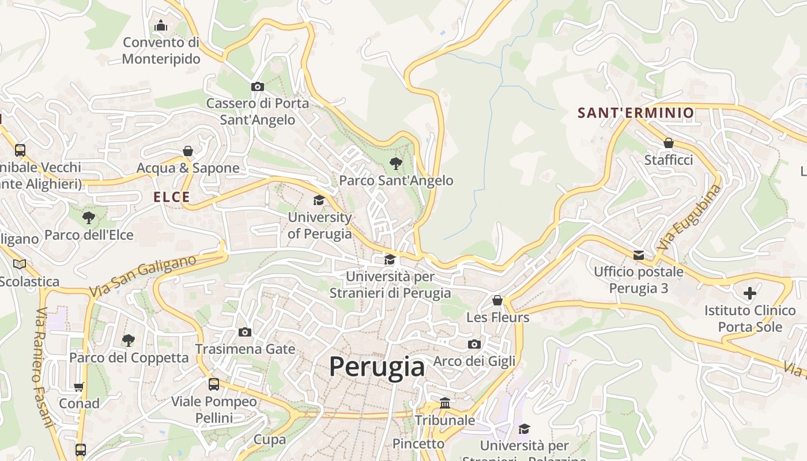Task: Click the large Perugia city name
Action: [x=377, y=366]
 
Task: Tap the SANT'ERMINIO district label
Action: [x=636, y=113]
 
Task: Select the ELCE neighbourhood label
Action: [x=172, y=197]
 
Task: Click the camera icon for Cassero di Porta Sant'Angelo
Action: [x=258, y=87]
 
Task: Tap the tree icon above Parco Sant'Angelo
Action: [x=395, y=163]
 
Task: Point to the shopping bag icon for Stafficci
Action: [x=669, y=143]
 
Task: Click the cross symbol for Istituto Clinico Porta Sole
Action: [x=749, y=293]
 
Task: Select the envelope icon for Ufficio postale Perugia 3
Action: [x=639, y=255]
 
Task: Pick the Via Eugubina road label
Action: [x=689, y=217]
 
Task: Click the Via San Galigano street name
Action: [x=142, y=277]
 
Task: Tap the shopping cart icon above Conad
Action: [x=79, y=387]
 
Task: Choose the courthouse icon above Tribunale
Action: [x=445, y=403]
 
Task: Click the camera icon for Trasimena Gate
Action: [x=245, y=332]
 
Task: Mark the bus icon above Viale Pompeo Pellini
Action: [x=214, y=384]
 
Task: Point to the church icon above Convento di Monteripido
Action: [x=161, y=25]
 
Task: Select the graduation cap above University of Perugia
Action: [x=319, y=201]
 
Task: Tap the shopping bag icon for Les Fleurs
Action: [x=497, y=300]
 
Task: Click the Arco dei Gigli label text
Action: [x=474, y=361]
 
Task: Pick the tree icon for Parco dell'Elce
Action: [x=89, y=218]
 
